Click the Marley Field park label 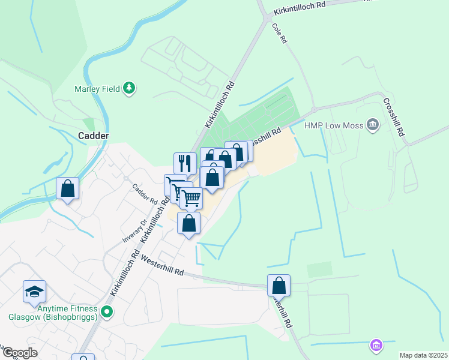pyautogui.click(x=98, y=89)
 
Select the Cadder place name pyautogui.click(x=94, y=136)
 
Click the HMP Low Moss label pyautogui.click(x=334, y=125)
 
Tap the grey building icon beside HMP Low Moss pyautogui.click(x=373, y=125)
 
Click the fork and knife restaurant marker pyautogui.click(x=185, y=163)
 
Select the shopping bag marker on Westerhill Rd pyautogui.click(x=279, y=286)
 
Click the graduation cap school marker pyautogui.click(x=35, y=292)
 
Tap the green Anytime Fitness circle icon pyautogui.click(x=107, y=311)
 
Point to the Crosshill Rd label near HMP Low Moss pyautogui.click(x=394, y=116)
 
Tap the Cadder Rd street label pyautogui.click(x=145, y=193)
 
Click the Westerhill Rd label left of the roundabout pyautogui.click(x=162, y=265)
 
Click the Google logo pyautogui.click(x=20, y=353)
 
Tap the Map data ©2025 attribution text pyautogui.click(x=423, y=355)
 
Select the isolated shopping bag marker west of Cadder pyautogui.click(x=68, y=188)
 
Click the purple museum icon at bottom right pyautogui.click(x=376, y=345)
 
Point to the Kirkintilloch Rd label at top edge pyautogui.click(x=298, y=8)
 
